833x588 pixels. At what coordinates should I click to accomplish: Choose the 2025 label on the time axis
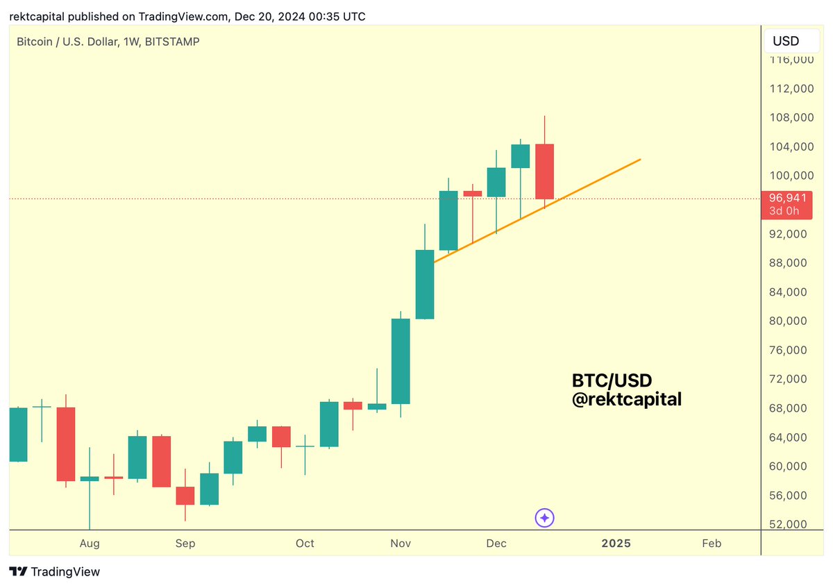click(616, 543)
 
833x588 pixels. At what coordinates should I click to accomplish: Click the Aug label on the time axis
click(90, 543)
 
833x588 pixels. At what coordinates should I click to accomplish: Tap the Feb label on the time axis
click(712, 543)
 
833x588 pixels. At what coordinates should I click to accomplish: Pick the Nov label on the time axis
click(401, 543)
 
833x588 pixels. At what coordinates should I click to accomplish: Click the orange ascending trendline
click(597, 180)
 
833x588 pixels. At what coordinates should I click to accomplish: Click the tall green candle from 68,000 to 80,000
click(401, 361)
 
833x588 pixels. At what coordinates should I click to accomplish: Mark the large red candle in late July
click(66, 444)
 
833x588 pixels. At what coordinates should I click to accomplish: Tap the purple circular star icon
click(545, 518)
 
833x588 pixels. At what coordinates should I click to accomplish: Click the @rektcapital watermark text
click(626, 399)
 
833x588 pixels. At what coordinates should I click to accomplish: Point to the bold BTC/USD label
click(612, 380)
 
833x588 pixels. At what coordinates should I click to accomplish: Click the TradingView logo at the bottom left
click(56, 571)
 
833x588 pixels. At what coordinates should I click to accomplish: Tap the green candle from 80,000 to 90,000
click(424, 284)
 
